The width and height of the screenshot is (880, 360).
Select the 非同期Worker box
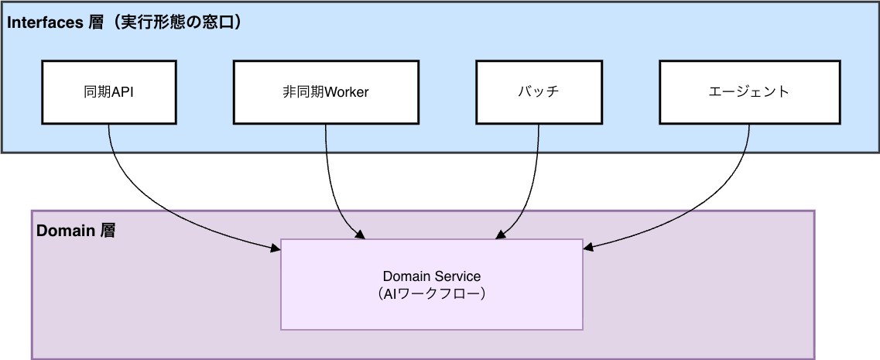325,92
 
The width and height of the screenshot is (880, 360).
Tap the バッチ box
538,92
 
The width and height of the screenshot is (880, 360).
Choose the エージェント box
748,92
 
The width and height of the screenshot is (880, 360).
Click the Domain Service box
431,284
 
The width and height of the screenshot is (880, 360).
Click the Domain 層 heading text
76,231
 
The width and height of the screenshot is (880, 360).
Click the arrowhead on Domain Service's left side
275,248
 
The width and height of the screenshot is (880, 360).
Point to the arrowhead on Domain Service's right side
588,248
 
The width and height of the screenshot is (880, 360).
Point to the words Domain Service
431,276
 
